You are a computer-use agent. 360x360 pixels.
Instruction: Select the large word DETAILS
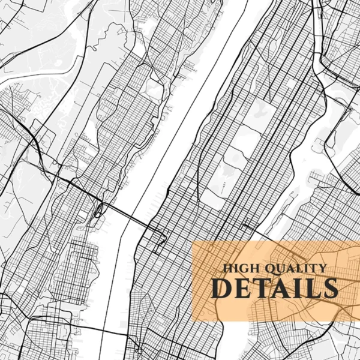tap(274, 288)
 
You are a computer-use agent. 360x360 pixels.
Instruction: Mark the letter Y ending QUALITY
tap(322, 269)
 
